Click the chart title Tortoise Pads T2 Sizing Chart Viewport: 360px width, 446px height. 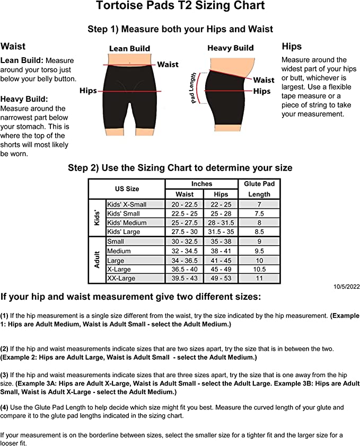tap(180, 6)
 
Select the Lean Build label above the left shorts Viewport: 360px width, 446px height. tap(129, 48)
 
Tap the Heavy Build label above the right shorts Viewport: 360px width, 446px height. tap(231, 48)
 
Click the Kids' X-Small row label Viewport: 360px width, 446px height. tap(127, 204)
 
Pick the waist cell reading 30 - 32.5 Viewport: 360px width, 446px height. tap(185, 242)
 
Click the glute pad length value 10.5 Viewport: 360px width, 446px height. tap(259, 269)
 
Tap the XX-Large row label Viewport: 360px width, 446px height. tap(121, 278)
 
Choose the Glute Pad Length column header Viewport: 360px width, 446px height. tap(259, 189)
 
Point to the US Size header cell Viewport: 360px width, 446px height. tap(127, 189)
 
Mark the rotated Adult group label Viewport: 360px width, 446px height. tap(97, 260)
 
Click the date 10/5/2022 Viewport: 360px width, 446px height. tap(346, 287)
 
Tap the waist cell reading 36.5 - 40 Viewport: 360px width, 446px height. tap(185, 269)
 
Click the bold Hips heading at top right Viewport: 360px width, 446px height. tap(292, 47)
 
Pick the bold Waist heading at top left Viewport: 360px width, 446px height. tap(13, 47)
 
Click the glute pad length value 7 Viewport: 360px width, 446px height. tap(259, 204)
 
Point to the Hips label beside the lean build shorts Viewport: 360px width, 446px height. tap(88, 91)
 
